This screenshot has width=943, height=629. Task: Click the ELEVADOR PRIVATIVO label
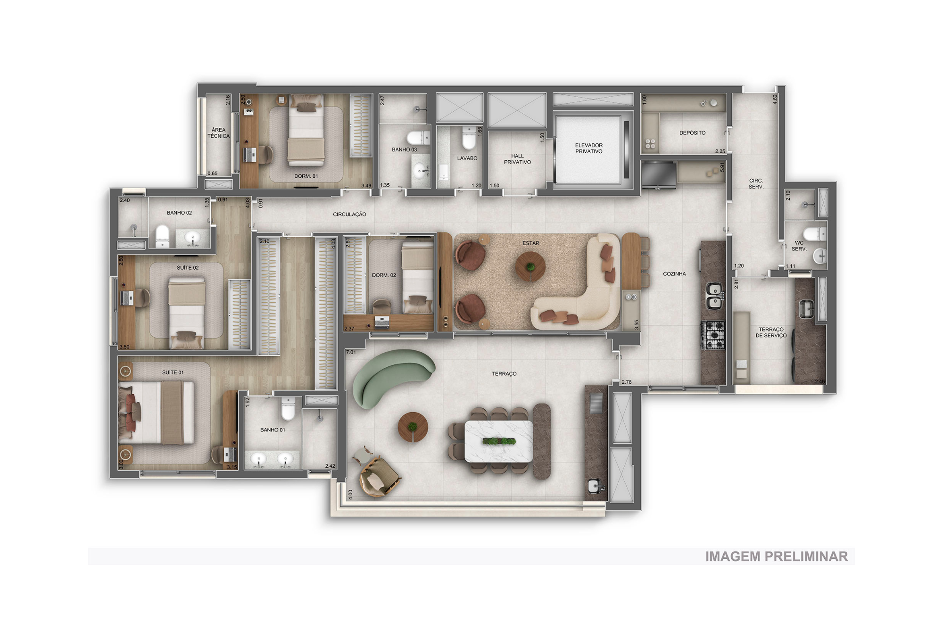(588, 148)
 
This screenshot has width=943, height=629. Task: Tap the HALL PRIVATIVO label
(517, 159)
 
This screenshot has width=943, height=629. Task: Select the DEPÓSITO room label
(692, 133)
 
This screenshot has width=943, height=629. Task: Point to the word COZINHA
(674, 273)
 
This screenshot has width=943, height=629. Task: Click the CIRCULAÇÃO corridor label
(349, 214)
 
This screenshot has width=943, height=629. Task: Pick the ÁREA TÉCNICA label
(218, 133)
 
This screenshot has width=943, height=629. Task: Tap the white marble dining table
(499, 441)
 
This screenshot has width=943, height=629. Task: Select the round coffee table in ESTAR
(530, 267)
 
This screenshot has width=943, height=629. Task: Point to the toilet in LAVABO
(469, 138)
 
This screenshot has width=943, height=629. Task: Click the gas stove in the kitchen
(713, 335)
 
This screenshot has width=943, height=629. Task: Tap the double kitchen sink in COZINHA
(714, 296)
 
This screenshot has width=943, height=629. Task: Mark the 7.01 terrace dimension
(351, 352)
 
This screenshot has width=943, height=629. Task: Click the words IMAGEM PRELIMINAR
(776, 556)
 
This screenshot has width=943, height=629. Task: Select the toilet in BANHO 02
(162, 236)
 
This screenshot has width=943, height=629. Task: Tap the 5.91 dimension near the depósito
(722, 167)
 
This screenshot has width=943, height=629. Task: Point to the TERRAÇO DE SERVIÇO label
(771, 332)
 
